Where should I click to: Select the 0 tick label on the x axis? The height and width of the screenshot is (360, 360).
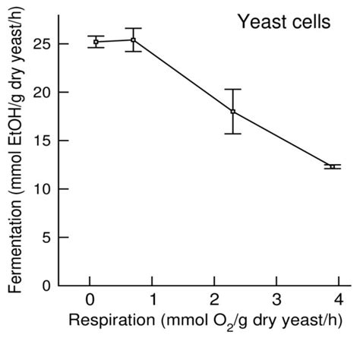90,298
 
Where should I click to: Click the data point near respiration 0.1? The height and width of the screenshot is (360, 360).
96,42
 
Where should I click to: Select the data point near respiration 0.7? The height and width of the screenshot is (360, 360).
134,39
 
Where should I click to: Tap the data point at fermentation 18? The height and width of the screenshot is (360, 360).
233,112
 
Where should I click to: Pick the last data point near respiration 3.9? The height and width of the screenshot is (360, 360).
333,166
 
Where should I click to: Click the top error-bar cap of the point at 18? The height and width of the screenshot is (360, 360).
233,89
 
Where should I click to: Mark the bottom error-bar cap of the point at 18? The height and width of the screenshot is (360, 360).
233,134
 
